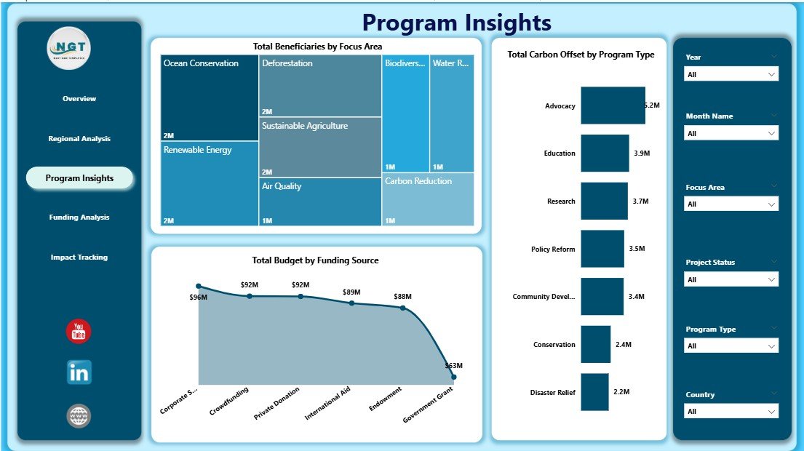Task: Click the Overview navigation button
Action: coord(79,99)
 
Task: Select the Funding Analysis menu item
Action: coord(79,217)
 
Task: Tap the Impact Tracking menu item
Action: coord(79,258)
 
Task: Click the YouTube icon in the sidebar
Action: coord(79,332)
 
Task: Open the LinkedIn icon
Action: coord(79,372)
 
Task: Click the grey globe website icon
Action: coord(79,416)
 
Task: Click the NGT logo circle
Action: coord(70,48)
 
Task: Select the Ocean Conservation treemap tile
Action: coord(210,98)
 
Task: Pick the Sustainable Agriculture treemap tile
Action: coord(320,148)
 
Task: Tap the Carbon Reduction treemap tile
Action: coord(429,199)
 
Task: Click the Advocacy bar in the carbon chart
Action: coord(613,105)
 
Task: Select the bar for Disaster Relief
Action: coord(594,392)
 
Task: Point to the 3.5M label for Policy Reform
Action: coord(637,249)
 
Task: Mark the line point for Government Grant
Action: coord(453,377)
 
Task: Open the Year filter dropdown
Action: coord(731,74)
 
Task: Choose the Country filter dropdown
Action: coord(731,412)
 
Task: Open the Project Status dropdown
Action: coord(731,280)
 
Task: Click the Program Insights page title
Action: coord(457,23)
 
